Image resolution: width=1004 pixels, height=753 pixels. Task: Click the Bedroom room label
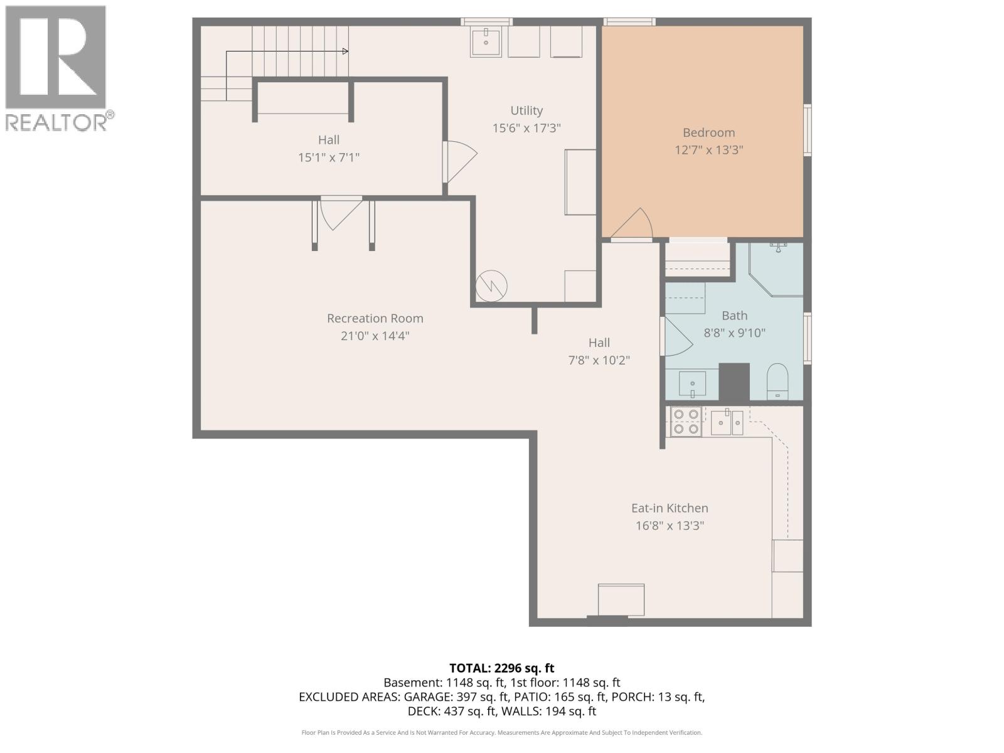708,132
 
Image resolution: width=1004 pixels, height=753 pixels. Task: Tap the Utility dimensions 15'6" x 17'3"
526,128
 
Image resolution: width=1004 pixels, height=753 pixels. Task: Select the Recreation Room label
375,318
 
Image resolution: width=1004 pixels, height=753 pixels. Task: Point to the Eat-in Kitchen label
670,508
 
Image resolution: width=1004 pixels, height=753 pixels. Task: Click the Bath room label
734,316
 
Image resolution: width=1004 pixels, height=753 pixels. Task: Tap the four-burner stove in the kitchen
685,422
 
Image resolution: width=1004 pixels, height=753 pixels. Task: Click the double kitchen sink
727,422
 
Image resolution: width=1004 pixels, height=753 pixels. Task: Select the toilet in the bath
777,381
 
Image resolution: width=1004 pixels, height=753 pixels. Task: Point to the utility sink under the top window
485,42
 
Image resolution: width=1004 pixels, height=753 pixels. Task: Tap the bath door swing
676,336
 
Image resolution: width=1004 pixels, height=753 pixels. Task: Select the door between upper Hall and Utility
458,161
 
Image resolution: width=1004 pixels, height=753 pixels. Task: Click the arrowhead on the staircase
345,51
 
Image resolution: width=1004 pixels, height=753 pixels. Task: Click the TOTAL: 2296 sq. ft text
501,668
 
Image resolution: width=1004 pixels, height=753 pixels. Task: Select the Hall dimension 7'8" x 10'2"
599,360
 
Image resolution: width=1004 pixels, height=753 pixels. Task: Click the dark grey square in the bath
734,382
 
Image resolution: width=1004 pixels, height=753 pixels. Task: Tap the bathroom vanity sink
692,383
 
